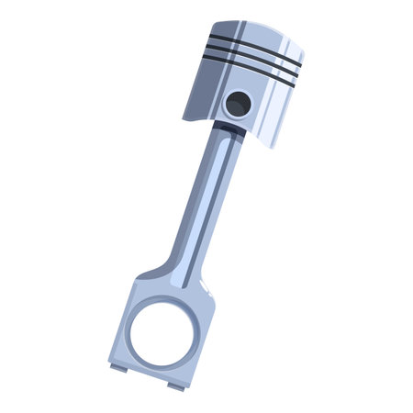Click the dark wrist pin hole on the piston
[x=238, y=103]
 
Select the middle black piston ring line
[x=253, y=56]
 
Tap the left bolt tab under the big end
[x=119, y=368]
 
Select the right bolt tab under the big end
[x=175, y=385]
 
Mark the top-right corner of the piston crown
[x=304, y=50]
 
